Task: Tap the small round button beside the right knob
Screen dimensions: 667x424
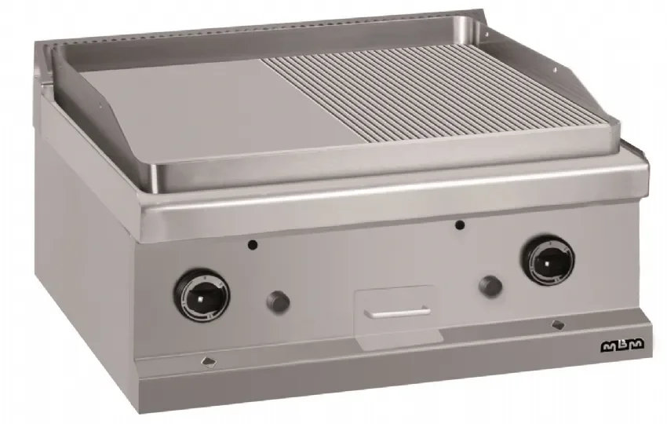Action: (490, 286)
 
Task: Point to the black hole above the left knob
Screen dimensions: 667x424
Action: (253, 245)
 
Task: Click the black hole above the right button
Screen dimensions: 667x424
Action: (458, 225)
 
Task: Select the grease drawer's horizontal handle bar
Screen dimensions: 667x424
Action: (396, 313)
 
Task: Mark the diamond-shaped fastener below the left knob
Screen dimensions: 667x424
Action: (208, 362)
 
